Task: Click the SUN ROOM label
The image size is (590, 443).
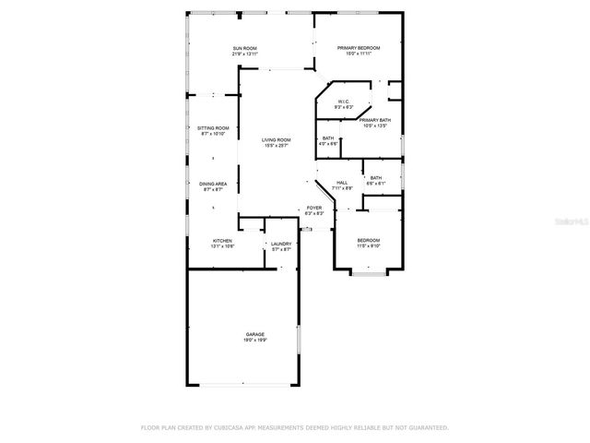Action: click(243, 48)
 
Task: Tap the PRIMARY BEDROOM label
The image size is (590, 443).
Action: click(358, 48)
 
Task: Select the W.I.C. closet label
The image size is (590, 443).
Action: click(343, 102)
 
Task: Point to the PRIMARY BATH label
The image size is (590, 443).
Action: click(375, 120)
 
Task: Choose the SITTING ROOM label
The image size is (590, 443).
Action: click(212, 128)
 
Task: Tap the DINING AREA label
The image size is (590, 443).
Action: click(213, 184)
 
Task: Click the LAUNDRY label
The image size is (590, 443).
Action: click(281, 244)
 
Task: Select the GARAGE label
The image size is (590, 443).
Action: click(254, 334)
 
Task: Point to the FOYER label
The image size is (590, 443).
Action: click(314, 209)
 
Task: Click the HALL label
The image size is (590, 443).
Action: click(341, 183)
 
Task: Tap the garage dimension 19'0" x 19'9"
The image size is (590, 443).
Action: click(254, 340)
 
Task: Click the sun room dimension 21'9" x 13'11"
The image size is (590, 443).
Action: click(243, 54)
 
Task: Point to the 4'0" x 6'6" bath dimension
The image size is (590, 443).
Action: click(328, 144)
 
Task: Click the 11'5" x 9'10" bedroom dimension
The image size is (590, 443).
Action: click(369, 246)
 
